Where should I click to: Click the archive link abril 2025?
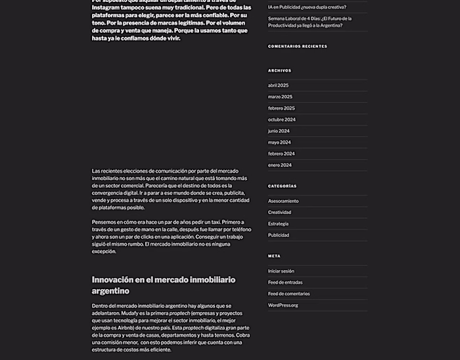278,85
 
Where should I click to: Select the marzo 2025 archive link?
280,97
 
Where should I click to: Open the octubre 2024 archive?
281,120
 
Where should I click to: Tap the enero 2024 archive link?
279,165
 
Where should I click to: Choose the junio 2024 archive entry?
279,131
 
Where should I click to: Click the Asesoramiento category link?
283,201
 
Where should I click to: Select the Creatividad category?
279,212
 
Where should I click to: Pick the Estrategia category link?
278,223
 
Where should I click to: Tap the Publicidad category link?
278,235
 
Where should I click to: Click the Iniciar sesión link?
281,271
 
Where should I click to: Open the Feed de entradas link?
284,282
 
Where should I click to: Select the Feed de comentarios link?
288,294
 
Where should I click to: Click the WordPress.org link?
283,305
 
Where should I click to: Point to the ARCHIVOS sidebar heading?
279,70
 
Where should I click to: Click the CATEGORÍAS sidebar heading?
282,186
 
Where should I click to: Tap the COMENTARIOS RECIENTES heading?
297,46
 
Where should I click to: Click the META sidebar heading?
274,256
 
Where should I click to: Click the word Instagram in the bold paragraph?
107,7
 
